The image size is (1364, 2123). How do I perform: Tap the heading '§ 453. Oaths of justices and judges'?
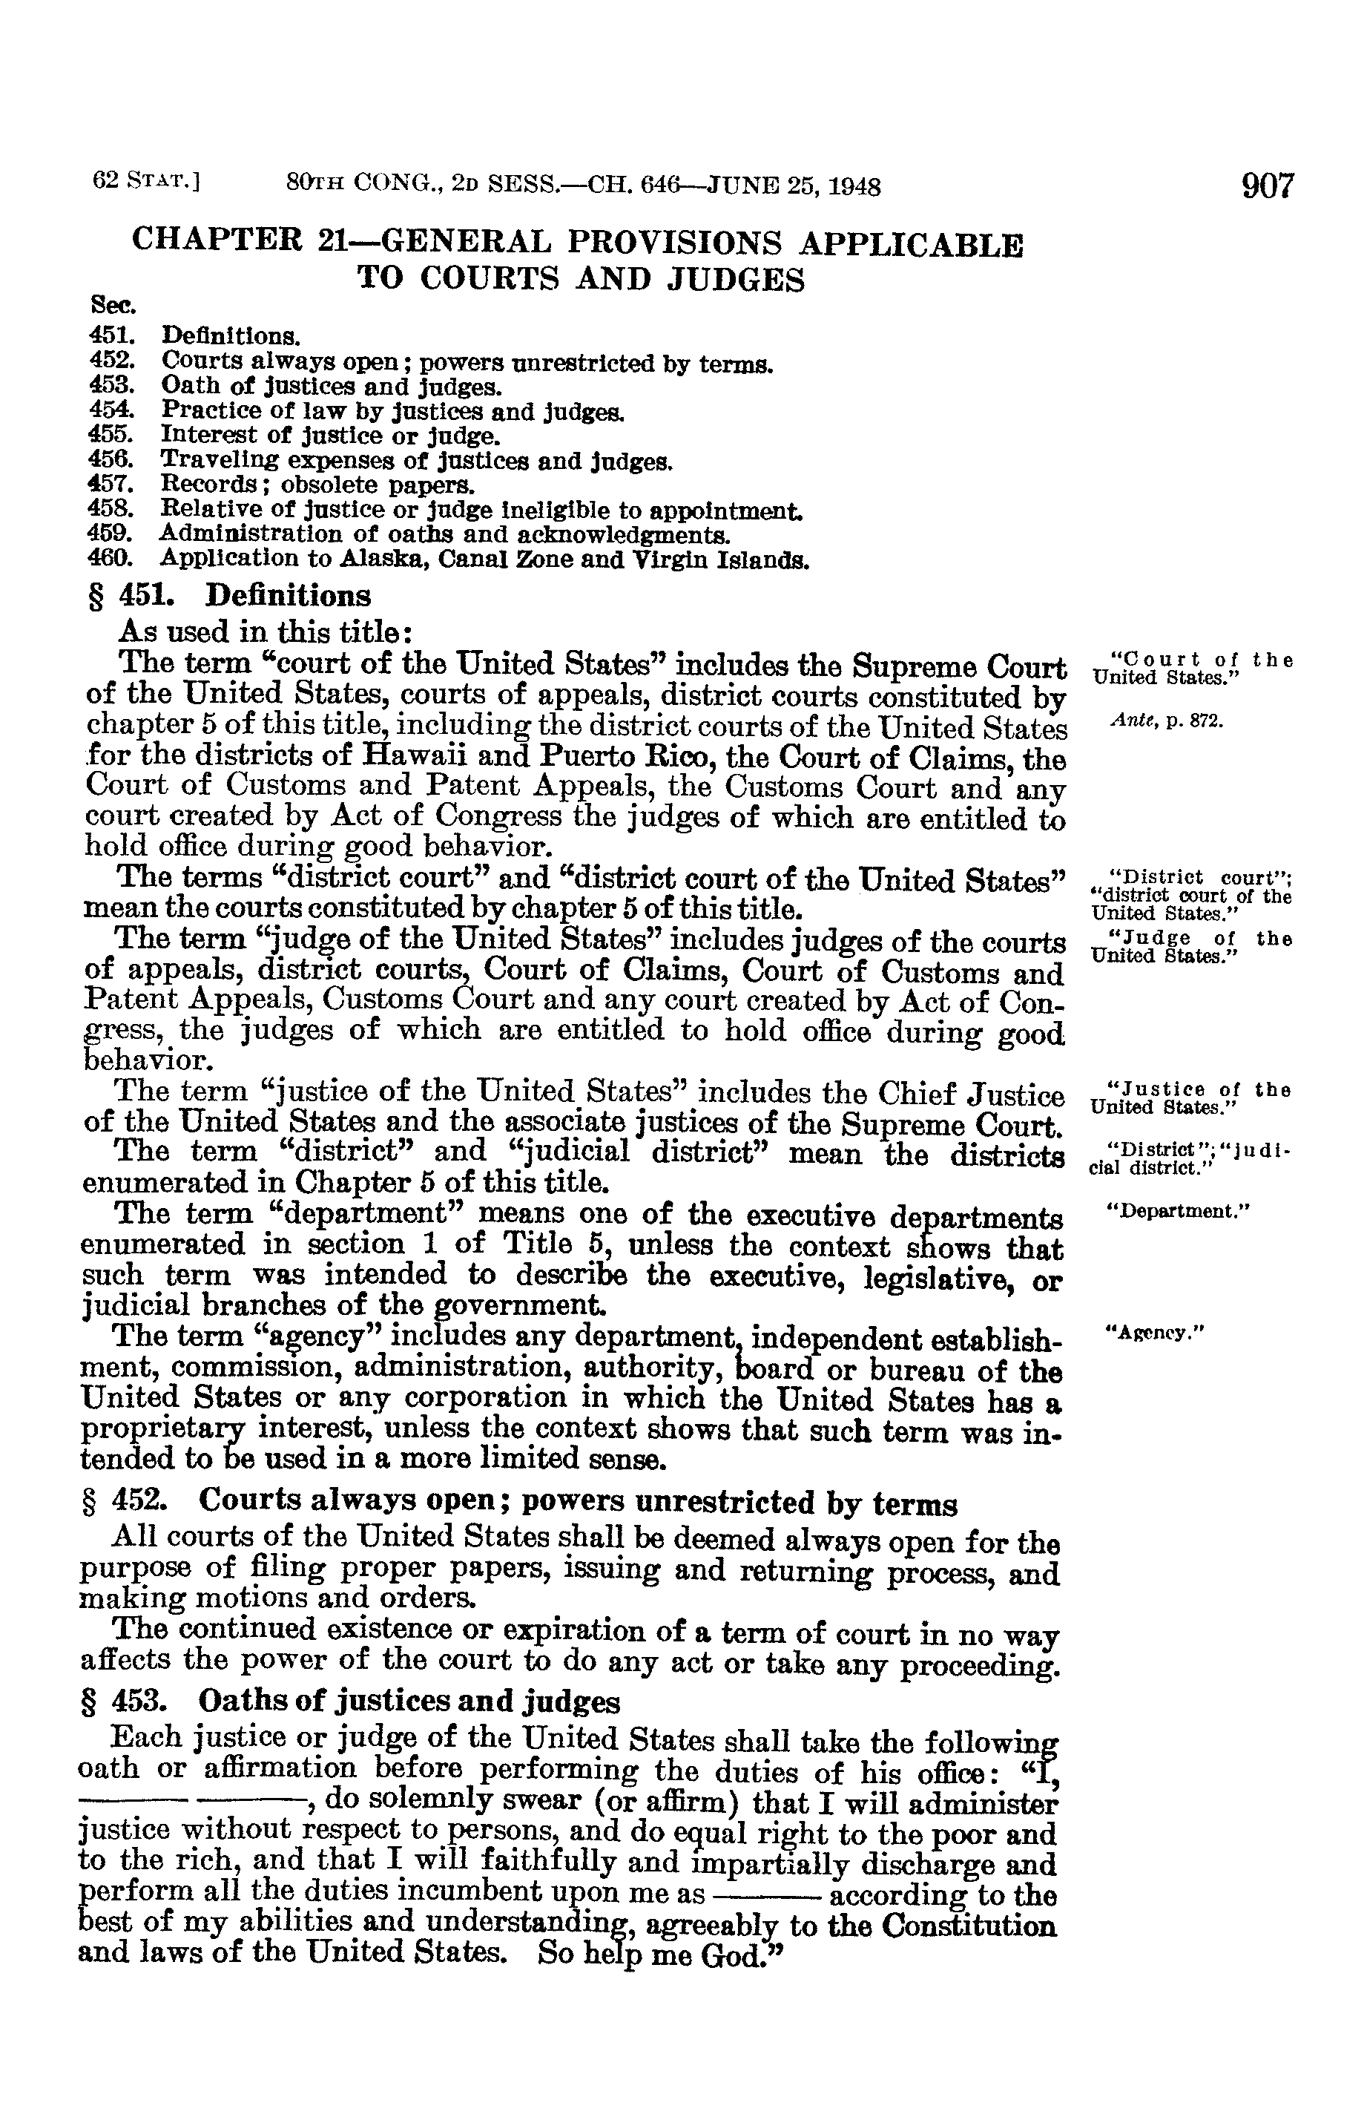[x=350, y=1702]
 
